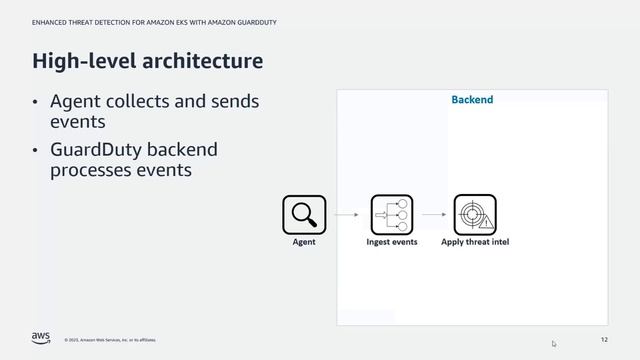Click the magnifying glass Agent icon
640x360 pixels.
(x=304, y=214)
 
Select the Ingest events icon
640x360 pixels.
(x=391, y=214)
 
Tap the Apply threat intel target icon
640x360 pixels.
(x=475, y=214)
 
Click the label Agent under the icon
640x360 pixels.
(x=304, y=242)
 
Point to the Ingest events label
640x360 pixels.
(x=392, y=242)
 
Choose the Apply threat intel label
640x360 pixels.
(x=475, y=242)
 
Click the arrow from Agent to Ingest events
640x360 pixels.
(x=347, y=214)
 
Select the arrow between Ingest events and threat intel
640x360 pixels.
(x=433, y=214)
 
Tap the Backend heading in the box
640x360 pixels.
(x=472, y=100)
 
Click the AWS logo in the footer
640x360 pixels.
(x=40, y=337)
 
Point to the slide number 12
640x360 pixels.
(x=604, y=339)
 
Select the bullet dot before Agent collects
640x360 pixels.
(x=36, y=103)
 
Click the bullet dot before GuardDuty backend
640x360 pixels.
(x=36, y=151)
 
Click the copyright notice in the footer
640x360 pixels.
(x=110, y=339)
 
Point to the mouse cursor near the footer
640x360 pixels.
(x=554, y=344)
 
